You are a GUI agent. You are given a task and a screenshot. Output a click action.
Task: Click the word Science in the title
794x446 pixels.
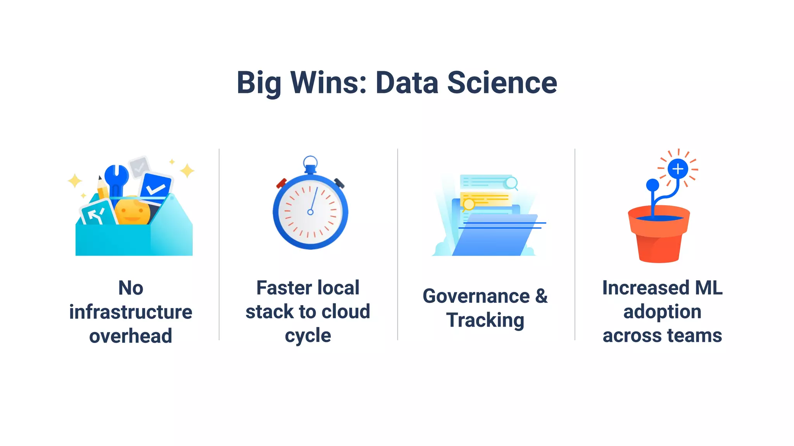coord(502,83)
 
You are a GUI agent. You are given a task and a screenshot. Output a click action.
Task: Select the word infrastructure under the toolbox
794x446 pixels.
coord(131,312)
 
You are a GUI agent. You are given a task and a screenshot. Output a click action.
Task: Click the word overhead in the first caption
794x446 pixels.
coord(131,336)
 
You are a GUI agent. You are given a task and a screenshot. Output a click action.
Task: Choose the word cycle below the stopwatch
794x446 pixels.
coord(308,336)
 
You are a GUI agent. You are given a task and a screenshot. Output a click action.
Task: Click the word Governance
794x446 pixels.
coord(476,297)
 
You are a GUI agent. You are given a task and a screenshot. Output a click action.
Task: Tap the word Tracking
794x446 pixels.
coord(485,320)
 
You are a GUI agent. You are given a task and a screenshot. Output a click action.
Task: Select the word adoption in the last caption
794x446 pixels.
coord(662,312)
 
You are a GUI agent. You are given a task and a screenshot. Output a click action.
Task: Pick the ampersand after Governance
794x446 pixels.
coord(542,297)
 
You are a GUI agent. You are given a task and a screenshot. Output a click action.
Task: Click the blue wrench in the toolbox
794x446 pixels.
coord(117,178)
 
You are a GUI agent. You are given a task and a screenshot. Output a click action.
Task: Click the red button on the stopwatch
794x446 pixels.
coord(281,183)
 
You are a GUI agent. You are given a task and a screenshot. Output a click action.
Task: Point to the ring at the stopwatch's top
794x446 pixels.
coord(310,161)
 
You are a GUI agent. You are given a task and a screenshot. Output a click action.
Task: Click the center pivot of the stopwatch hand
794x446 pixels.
coord(310,212)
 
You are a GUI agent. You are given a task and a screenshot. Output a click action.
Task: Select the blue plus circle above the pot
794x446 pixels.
coord(678,169)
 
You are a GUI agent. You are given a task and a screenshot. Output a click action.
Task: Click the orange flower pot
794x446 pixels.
coord(659,236)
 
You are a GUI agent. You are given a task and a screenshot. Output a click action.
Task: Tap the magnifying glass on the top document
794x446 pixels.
coord(511,183)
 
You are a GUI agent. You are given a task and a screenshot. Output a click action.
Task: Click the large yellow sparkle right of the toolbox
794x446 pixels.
coord(187,170)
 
